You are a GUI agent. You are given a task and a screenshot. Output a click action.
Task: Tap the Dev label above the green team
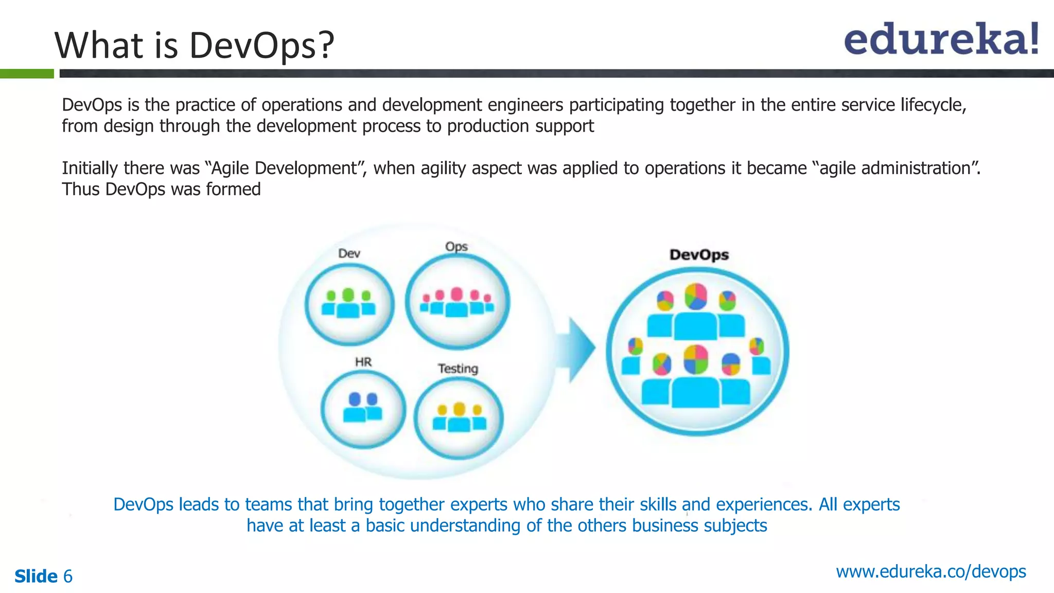click(349, 253)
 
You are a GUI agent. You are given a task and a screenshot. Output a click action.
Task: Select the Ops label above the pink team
click(456, 247)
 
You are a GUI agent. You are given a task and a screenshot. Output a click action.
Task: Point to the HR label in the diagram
click(363, 362)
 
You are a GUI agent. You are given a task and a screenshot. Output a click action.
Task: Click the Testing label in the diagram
click(458, 369)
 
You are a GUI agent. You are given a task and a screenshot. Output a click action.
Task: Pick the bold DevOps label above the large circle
click(699, 255)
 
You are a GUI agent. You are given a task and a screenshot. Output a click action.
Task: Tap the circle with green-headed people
click(349, 304)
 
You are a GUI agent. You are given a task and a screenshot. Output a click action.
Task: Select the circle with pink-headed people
click(457, 302)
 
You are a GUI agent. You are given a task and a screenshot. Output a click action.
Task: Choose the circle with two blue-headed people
click(363, 409)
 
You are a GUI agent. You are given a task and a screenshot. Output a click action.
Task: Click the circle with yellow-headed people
click(458, 418)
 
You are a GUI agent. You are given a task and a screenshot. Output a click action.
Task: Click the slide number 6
click(68, 576)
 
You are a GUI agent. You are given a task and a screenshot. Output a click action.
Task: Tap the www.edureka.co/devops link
click(930, 571)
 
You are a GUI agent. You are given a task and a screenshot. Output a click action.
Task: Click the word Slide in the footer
click(36, 576)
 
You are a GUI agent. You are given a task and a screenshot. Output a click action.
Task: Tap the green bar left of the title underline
click(27, 74)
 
